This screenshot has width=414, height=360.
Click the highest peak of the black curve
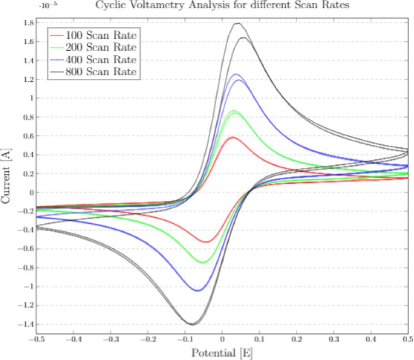[238, 23]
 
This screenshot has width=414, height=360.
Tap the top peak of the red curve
[232, 137]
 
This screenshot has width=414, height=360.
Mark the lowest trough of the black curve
[192, 324]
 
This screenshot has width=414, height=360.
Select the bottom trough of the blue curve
[198, 291]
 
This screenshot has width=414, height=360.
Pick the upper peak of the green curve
[234, 111]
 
